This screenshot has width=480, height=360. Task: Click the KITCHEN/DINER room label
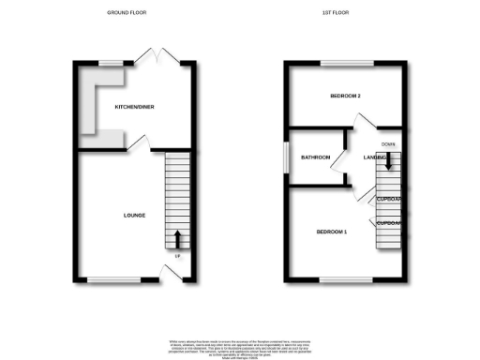tap(135, 108)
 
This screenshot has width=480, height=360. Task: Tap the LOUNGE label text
tap(134, 216)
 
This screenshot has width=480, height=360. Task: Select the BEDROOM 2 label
tap(347, 97)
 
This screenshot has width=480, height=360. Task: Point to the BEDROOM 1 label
tap(332, 232)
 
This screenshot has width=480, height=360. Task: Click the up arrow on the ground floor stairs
tap(176, 236)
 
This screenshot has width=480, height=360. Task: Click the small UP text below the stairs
tap(176, 256)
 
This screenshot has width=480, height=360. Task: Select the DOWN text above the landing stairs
tap(388, 143)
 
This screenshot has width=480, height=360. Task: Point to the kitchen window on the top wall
tap(112, 63)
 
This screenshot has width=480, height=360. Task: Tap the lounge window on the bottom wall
tap(112, 278)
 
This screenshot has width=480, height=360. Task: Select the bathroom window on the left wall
tap(287, 157)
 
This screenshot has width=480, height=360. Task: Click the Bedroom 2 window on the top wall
tap(346, 63)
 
